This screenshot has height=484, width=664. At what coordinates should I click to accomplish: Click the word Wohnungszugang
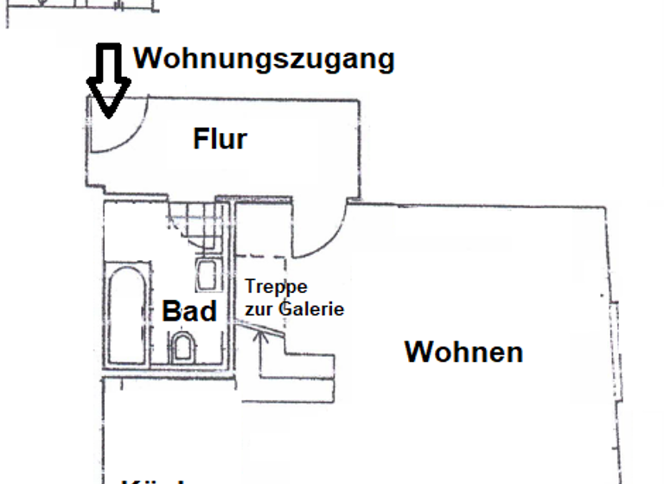(x=264, y=60)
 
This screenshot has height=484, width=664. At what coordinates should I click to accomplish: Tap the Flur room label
(x=220, y=138)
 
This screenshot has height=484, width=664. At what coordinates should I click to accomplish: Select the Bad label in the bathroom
(x=189, y=311)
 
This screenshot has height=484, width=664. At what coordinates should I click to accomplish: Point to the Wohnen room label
(x=463, y=353)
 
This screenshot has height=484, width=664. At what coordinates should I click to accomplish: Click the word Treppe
(x=276, y=287)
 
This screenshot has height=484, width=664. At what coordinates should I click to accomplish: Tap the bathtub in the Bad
(x=128, y=315)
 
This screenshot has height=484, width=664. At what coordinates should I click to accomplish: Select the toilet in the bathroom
(x=184, y=348)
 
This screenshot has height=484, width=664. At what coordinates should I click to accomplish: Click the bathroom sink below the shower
(x=207, y=274)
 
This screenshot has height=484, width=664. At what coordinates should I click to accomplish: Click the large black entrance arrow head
(x=108, y=95)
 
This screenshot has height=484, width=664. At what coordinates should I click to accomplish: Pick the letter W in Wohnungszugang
(x=149, y=60)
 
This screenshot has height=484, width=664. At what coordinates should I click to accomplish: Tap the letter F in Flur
(x=199, y=138)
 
